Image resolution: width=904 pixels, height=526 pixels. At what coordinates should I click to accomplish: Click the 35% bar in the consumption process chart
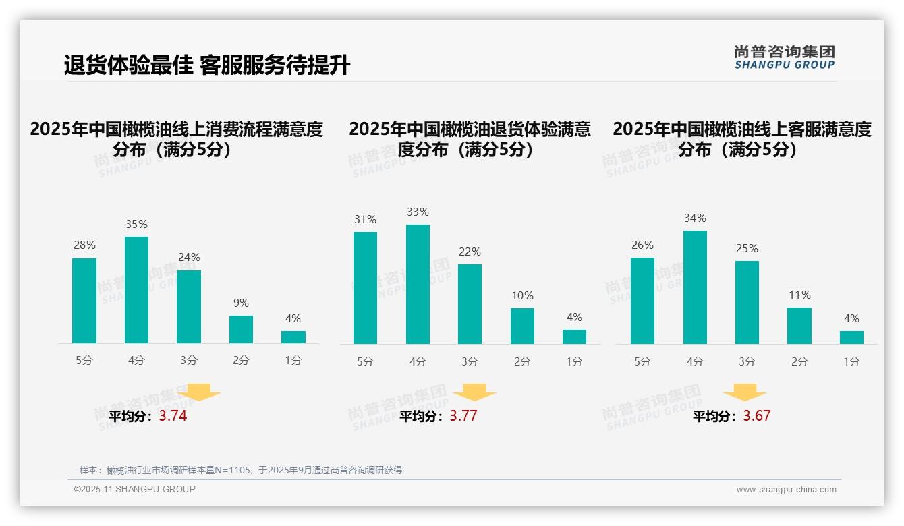click(136, 290)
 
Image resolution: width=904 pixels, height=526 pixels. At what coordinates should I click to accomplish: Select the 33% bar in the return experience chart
click(418, 284)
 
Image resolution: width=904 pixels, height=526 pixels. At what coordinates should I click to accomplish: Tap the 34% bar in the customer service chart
click(695, 287)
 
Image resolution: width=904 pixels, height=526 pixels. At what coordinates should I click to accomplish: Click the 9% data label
click(241, 303)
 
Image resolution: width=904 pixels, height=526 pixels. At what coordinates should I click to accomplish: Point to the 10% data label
click(522, 296)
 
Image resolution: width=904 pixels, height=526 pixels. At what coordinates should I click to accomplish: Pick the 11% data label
click(799, 295)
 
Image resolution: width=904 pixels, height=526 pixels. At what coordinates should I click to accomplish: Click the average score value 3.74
click(173, 416)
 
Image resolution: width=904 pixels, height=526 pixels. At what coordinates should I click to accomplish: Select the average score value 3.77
click(463, 416)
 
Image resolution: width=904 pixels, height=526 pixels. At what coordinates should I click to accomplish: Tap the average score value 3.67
click(757, 416)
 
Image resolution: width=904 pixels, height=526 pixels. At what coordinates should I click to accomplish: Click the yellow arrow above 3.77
click(474, 394)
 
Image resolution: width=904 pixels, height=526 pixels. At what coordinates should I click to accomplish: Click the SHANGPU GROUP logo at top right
click(785, 57)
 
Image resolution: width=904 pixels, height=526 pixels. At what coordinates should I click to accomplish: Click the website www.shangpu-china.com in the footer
click(786, 490)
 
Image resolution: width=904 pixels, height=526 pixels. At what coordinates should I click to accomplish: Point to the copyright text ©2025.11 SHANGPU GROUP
click(135, 489)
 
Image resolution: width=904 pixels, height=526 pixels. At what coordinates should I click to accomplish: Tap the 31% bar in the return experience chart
click(365, 288)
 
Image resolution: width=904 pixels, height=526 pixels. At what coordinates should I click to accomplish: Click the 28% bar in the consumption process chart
click(84, 301)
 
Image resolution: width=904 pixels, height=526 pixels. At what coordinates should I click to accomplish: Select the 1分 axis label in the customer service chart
click(851, 362)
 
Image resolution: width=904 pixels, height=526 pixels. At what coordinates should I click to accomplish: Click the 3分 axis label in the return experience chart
click(470, 362)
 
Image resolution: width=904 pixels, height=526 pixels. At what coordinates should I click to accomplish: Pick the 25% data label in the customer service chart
click(747, 249)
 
